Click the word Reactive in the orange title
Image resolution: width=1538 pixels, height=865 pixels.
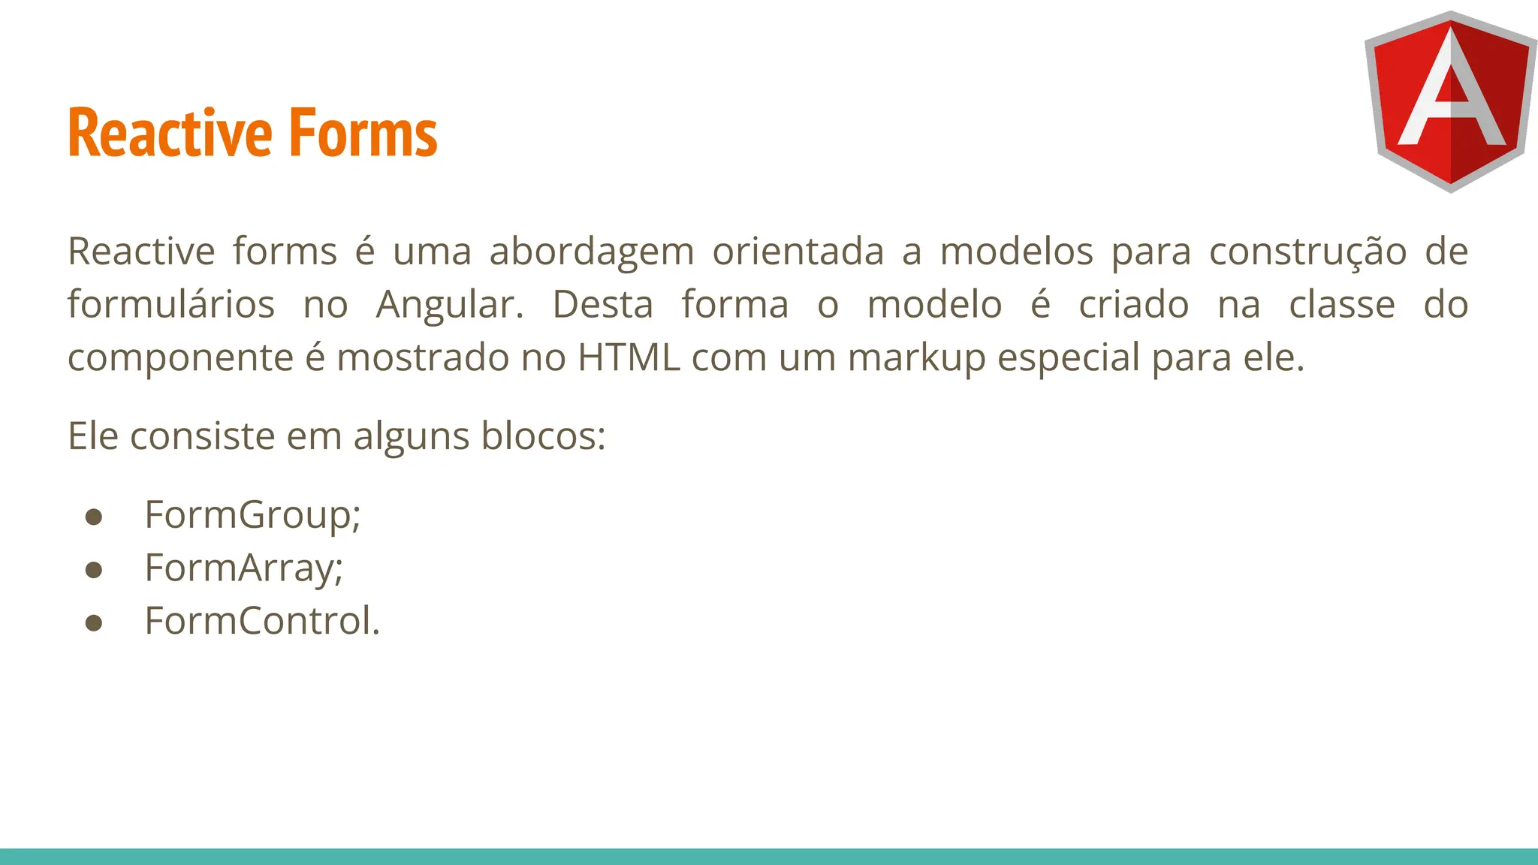(x=170, y=134)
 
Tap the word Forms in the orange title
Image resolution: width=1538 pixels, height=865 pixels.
(x=363, y=134)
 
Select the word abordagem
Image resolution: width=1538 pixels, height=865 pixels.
(x=592, y=252)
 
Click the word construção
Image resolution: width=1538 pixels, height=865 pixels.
(x=1307, y=252)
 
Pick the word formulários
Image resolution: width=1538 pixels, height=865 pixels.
(x=171, y=305)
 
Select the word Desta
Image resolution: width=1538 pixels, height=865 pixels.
(x=603, y=305)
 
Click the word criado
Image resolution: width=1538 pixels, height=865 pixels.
(x=1133, y=305)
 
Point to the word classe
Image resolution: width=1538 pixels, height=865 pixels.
(x=1342, y=305)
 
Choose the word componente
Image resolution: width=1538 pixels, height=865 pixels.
(x=180, y=359)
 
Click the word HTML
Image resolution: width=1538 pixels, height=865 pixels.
(x=629, y=357)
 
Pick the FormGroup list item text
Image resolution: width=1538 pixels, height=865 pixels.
(x=252, y=516)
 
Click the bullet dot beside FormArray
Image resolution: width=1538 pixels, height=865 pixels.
(x=94, y=570)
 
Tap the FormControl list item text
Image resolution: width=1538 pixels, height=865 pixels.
(x=262, y=621)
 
